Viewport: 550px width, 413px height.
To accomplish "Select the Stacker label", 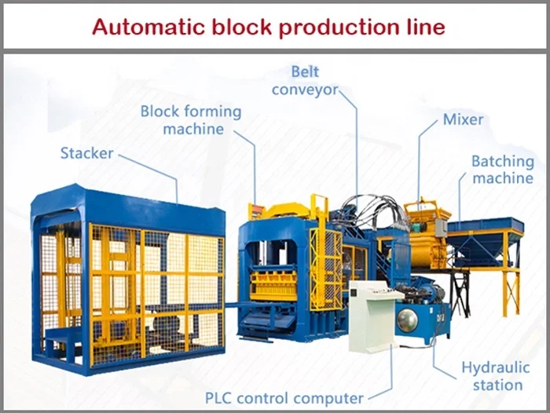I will coord(86,152).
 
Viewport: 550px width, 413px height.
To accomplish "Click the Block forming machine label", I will coord(190,119).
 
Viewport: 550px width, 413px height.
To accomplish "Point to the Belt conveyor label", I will coord(305,81).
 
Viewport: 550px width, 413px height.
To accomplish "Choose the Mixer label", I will coord(463,120).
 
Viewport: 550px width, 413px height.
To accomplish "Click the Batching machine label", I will coord(502,170).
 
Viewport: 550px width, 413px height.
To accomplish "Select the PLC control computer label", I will coord(284,398).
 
